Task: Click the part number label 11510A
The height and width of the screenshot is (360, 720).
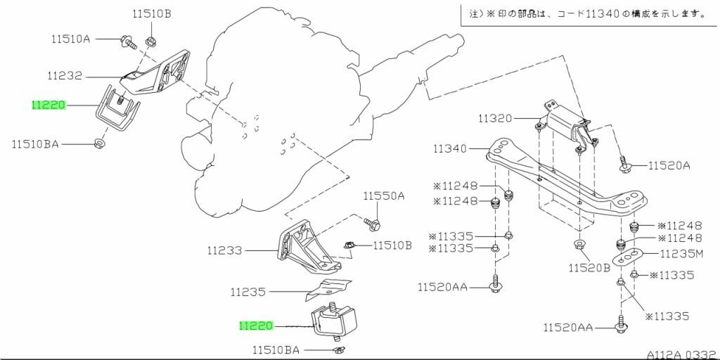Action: point(70,39)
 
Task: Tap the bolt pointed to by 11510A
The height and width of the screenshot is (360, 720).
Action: point(125,41)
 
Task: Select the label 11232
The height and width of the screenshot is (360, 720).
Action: point(65,75)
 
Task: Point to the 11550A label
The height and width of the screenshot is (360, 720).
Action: point(384,196)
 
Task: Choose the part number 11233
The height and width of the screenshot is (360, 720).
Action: point(224,250)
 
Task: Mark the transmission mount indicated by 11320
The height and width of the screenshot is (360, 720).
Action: point(566,127)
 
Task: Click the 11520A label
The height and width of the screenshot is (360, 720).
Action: point(669,166)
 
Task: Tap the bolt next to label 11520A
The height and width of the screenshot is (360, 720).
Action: point(625,166)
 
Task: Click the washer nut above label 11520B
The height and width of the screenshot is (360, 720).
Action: point(579,245)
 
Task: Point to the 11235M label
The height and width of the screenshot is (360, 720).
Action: point(680,253)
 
